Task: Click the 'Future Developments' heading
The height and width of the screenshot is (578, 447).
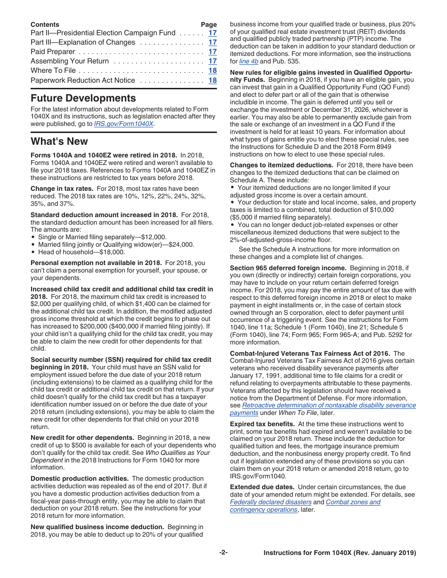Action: point(83,98)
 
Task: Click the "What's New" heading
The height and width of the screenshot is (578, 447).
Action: point(59,141)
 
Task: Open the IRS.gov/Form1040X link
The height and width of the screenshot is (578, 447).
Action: point(124,124)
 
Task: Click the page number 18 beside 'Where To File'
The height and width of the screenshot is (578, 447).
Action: point(213,70)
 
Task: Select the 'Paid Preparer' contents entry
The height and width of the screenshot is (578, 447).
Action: point(53,52)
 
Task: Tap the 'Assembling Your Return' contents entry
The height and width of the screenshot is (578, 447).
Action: point(70,61)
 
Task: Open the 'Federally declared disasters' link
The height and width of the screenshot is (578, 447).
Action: point(271,502)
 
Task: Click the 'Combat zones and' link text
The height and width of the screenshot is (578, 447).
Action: point(353,502)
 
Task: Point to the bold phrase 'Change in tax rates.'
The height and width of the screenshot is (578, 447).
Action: point(62,188)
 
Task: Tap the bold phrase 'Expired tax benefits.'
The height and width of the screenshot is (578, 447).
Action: point(263,424)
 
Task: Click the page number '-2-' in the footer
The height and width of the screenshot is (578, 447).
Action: point(223,553)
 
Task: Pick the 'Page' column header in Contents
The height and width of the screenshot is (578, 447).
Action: point(208,24)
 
